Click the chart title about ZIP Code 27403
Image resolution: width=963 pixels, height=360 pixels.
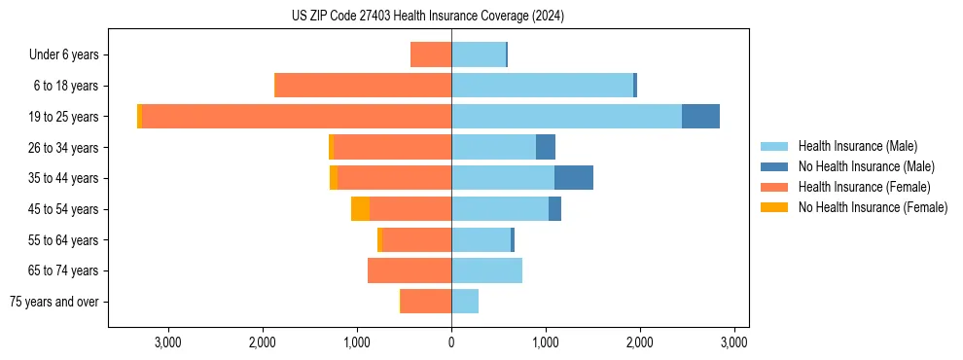click(x=427, y=16)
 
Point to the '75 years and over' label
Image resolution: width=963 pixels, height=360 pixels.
click(x=54, y=302)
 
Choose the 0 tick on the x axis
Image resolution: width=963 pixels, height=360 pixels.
click(x=451, y=342)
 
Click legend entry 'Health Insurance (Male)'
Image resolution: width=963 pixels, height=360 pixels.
click(x=857, y=146)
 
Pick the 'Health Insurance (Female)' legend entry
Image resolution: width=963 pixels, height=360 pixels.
click(x=865, y=187)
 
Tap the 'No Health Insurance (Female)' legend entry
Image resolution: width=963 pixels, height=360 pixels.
click(x=873, y=207)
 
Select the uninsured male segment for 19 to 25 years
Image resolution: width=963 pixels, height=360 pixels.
click(x=700, y=117)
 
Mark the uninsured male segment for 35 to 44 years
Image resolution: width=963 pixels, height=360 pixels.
click(x=574, y=178)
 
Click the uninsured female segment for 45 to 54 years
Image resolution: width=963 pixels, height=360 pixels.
click(x=360, y=209)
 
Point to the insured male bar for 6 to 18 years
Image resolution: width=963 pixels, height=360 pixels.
click(x=542, y=86)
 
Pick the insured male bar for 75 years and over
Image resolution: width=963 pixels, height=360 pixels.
click(x=465, y=302)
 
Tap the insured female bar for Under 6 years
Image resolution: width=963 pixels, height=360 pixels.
click(x=431, y=54)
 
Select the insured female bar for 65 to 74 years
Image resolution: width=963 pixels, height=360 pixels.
click(x=410, y=270)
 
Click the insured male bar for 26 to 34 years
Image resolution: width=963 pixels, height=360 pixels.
click(x=493, y=147)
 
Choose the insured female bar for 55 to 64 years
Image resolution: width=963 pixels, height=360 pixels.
click(x=416, y=239)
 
